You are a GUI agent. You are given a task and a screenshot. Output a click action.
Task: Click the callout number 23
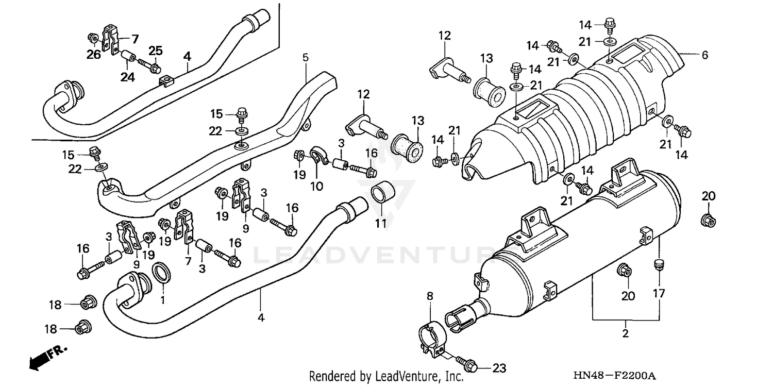point(499,368)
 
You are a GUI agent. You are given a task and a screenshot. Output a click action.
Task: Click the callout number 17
point(659,294)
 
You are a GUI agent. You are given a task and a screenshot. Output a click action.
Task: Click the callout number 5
point(305,58)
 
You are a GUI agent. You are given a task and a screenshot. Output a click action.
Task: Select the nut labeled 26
point(93,38)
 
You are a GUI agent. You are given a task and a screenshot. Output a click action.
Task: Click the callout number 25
point(156,51)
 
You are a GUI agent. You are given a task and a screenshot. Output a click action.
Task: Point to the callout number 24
point(127,77)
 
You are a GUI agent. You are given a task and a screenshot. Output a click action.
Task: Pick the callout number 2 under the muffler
point(625,333)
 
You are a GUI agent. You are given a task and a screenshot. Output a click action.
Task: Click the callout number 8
point(429,296)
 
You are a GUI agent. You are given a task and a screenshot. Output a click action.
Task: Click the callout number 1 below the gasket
point(163,299)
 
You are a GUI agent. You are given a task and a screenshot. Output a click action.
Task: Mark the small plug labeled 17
point(657,265)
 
